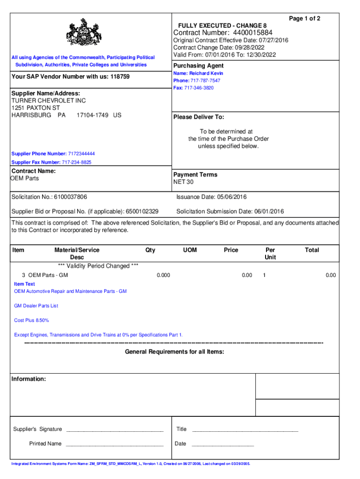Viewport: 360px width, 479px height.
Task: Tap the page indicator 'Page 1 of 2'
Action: [x=304, y=18]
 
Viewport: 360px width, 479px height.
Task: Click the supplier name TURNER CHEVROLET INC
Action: [x=49, y=101]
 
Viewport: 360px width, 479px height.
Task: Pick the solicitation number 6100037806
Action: [x=70, y=197]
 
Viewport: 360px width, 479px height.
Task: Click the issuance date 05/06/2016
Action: [x=230, y=197]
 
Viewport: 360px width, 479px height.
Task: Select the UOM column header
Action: [x=190, y=250]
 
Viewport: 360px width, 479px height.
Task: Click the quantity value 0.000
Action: [x=163, y=275]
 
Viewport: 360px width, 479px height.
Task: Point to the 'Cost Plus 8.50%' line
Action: [x=31, y=320]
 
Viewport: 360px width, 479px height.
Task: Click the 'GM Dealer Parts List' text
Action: [x=36, y=306]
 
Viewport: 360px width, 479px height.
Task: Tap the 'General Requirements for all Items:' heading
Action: [x=174, y=351]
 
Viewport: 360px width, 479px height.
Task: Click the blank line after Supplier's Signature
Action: [x=115, y=429]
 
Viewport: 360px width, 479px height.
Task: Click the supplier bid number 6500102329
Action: [x=142, y=211]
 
